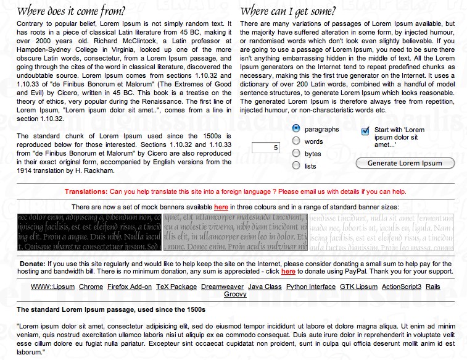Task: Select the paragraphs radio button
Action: point(296,129)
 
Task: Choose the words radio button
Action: point(296,141)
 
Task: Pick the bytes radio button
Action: point(296,153)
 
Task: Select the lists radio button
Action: point(296,165)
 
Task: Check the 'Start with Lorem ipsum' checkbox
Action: point(365,130)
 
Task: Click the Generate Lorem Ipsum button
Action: point(405,163)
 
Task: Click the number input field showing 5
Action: point(267,148)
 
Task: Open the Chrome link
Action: point(91,287)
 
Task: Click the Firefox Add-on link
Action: point(130,287)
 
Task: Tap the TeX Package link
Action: point(176,287)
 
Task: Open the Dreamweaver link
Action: point(222,287)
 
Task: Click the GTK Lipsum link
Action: point(358,287)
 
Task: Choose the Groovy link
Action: point(235,294)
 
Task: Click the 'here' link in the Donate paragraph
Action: point(288,272)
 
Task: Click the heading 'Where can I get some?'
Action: point(288,12)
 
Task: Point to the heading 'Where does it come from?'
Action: point(70,12)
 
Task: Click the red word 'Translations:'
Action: point(86,192)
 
